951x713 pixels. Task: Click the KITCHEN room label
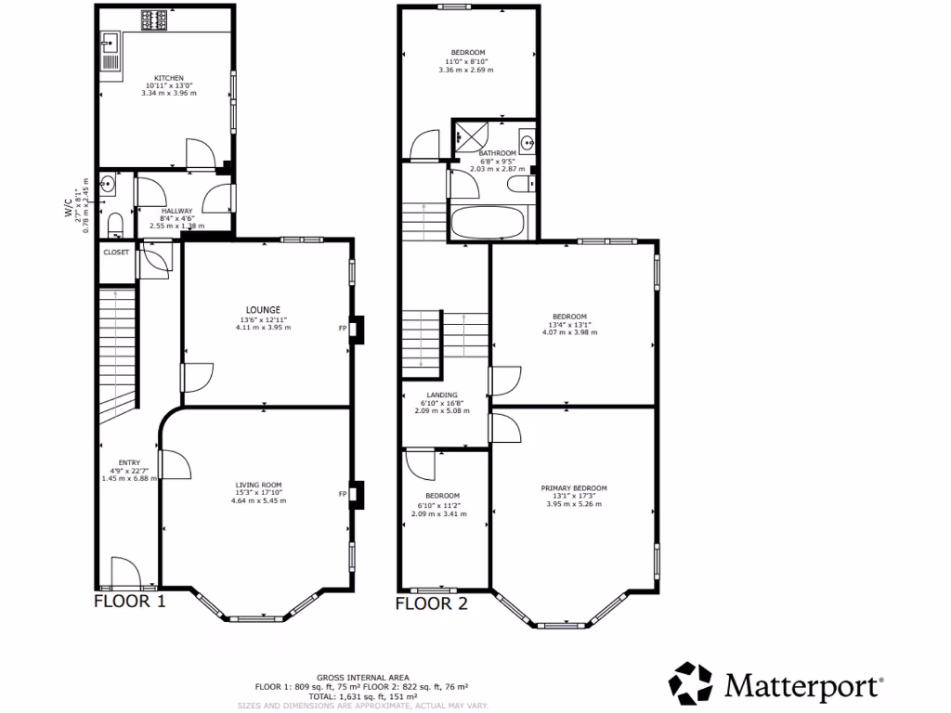click(169, 78)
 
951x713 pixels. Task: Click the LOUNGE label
click(263, 310)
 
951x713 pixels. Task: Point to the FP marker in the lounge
click(343, 328)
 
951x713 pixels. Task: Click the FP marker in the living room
click(343, 494)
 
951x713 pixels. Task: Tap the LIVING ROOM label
click(258, 485)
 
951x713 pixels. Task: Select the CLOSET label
click(116, 253)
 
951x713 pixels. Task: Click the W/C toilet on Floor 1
click(113, 224)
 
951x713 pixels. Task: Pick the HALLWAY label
click(176, 211)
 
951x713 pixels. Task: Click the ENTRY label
click(129, 462)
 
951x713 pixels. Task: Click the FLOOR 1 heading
click(130, 602)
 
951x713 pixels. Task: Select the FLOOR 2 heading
click(431, 603)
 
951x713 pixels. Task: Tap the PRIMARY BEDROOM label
click(574, 488)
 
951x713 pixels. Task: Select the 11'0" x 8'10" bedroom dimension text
click(468, 61)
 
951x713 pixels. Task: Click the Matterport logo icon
click(692, 684)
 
